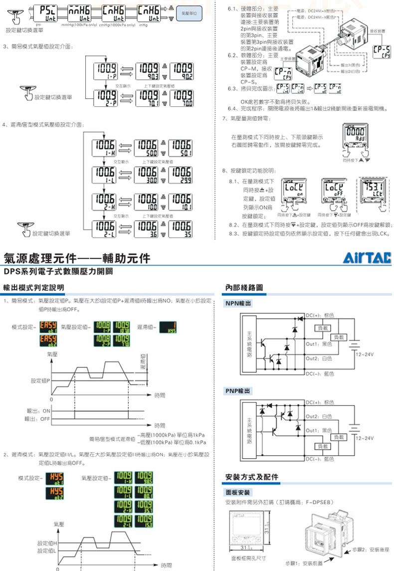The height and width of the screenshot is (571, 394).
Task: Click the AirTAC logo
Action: [x=367, y=258]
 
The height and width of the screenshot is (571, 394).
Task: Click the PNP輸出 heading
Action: [x=238, y=390]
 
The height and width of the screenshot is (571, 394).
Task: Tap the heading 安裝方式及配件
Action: [x=252, y=477]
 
